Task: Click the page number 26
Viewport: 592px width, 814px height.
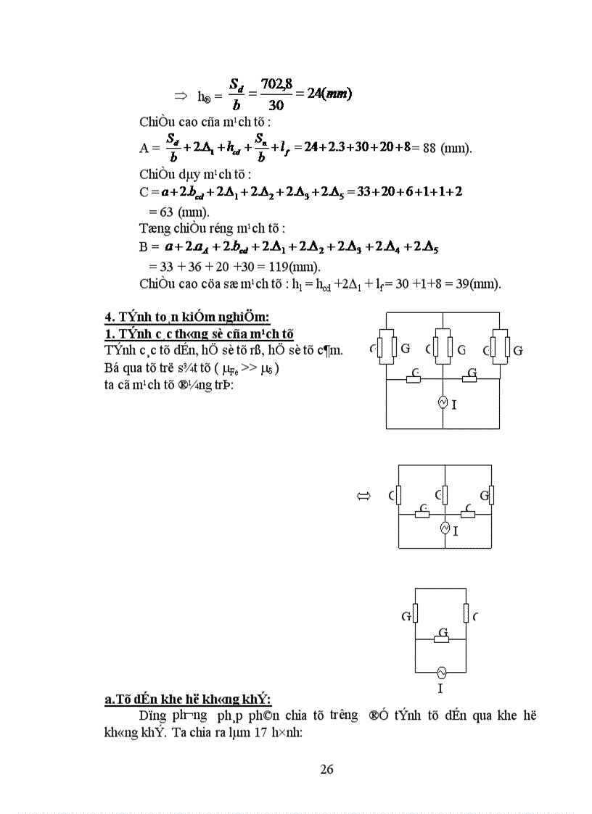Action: [x=326, y=769]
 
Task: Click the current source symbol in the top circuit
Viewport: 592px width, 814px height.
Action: [x=443, y=402]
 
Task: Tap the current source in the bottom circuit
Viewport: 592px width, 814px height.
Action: [x=440, y=671]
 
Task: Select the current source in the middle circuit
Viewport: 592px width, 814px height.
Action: [x=445, y=529]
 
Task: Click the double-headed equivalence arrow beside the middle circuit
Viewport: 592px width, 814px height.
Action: [x=363, y=497]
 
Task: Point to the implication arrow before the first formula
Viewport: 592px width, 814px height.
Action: [x=181, y=96]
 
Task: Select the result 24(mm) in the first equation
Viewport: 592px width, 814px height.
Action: [x=329, y=95]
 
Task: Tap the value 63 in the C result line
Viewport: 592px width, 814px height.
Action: [x=159, y=212]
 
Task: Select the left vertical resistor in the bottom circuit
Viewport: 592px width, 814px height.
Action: [x=416, y=614]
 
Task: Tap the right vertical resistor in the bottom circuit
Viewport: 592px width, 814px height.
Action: [x=466, y=613]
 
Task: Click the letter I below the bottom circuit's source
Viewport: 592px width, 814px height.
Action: [x=440, y=689]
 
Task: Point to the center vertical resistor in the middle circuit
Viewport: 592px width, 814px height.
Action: [x=445, y=495]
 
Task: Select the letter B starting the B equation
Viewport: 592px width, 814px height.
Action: [x=144, y=246]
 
